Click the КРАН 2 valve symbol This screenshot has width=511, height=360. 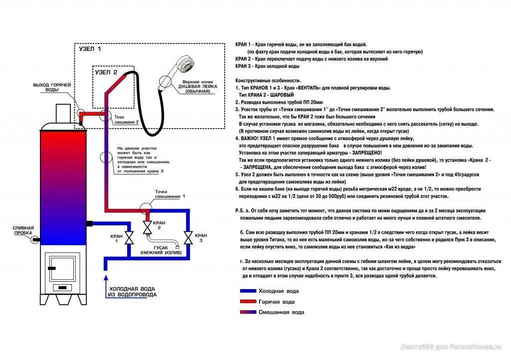point(147,228)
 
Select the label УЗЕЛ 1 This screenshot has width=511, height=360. point(90,49)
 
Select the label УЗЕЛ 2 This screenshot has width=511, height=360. point(106,72)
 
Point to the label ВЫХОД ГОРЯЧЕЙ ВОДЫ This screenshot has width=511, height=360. point(52,87)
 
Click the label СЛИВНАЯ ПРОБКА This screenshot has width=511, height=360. point(23,231)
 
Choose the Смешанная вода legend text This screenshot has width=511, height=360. point(281,312)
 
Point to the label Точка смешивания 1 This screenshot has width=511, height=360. point(170,194)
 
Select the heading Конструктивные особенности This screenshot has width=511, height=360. point(268,81)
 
